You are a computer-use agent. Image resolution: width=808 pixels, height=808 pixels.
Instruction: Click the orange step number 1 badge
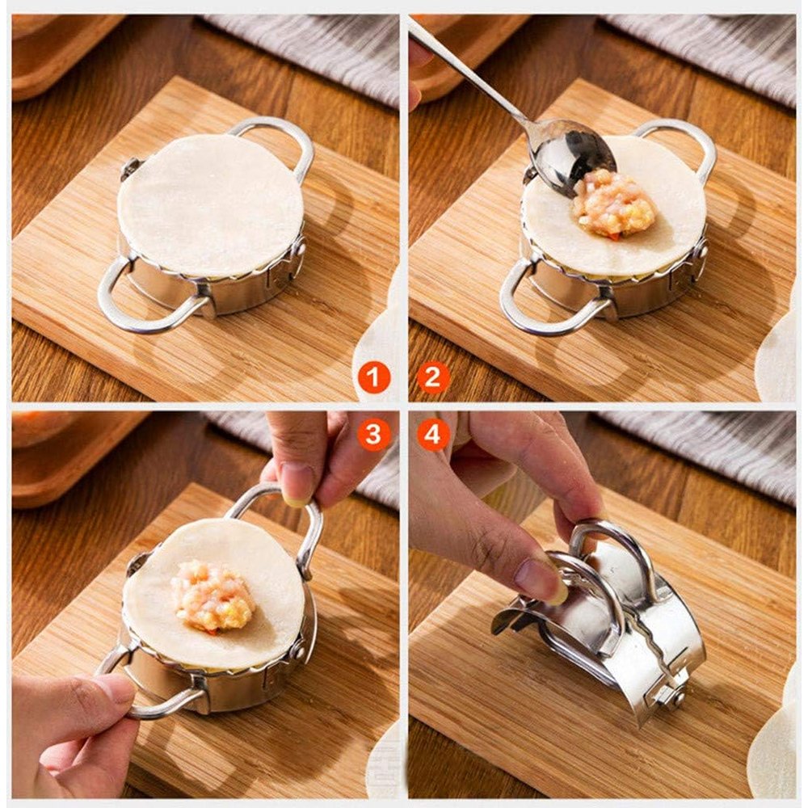pyautogui.click(x=374, y=377)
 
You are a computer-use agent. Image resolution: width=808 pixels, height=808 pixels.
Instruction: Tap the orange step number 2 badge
pyautogui.click(x=433, y=377)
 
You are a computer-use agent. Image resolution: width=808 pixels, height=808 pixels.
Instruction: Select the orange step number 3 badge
pyautogui.click(x=373, y=434)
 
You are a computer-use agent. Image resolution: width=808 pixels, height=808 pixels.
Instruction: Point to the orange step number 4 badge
pyautogui.click(x=433, y=434)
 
